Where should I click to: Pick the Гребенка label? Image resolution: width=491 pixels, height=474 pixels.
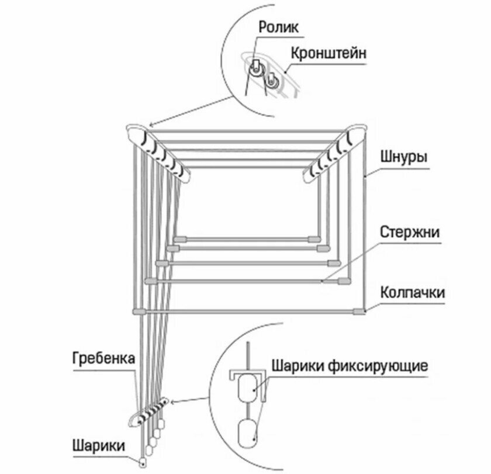click(105, 357)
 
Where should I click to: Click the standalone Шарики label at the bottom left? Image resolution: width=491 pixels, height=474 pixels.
click(98, 445)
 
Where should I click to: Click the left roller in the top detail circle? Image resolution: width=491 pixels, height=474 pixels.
click(255, 68)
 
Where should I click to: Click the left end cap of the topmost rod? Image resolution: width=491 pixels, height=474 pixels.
click(180, 239)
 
